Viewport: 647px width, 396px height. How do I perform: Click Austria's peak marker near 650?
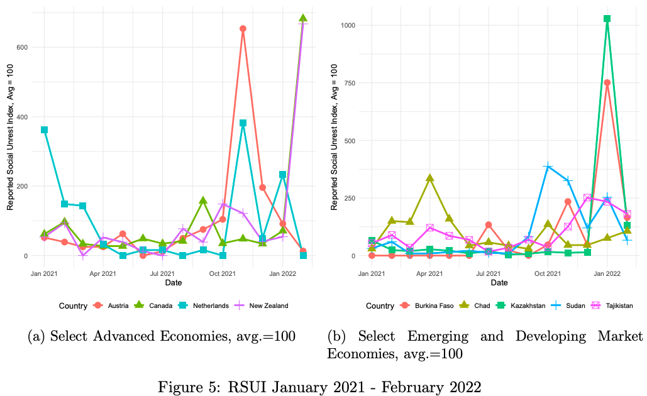[243, 29]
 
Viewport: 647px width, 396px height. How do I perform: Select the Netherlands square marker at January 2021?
[45, 130]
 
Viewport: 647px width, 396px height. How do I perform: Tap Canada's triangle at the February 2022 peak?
[303, 18]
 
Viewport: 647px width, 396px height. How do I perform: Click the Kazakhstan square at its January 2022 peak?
[607, 19]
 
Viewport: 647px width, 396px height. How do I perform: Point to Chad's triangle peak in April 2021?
[430, 178]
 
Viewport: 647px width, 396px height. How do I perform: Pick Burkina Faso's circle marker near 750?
[607, 82]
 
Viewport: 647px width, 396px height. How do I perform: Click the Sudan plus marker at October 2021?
[548, 167]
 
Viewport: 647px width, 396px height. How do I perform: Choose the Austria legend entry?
[113, 305]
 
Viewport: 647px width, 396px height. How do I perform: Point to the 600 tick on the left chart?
[21, 47]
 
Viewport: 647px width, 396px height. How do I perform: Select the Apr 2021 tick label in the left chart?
[102, 274]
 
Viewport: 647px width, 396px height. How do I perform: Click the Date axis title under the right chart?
[499, 283]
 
